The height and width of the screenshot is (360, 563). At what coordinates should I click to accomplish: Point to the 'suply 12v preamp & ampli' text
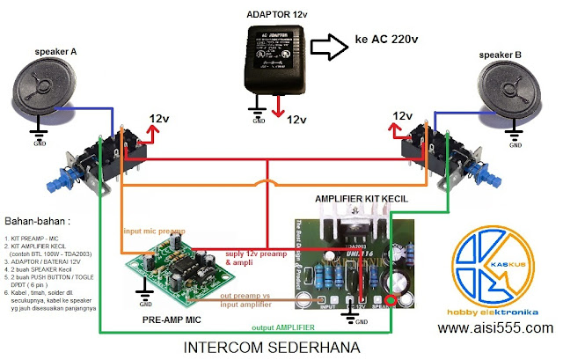[x=255, y=257]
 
